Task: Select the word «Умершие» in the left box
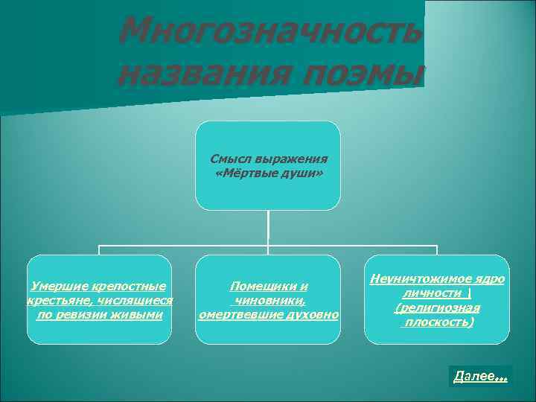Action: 55,286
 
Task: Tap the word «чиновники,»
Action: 269,300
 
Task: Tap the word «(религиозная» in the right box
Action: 437,307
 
